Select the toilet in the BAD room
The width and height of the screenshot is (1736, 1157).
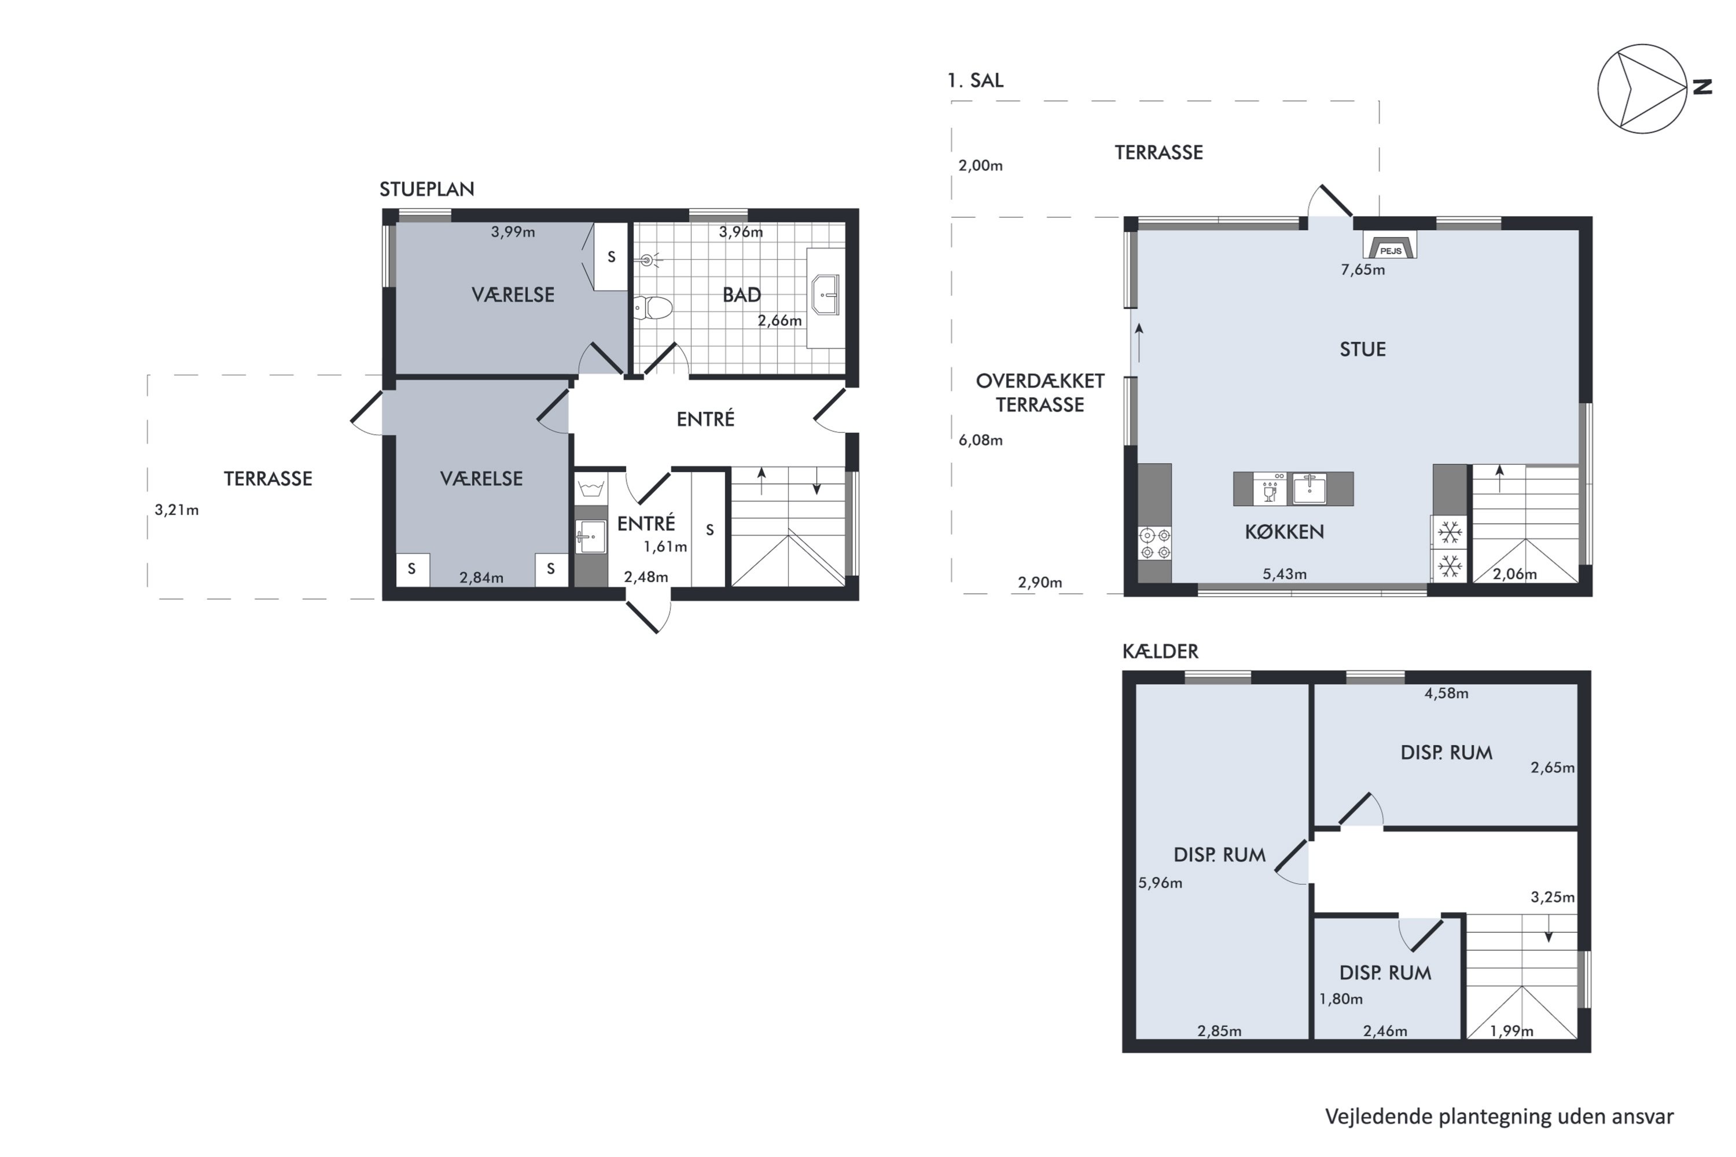653,308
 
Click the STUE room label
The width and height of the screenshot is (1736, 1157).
1363,349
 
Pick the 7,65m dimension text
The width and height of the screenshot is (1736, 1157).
1363,270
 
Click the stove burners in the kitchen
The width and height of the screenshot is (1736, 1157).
1155,543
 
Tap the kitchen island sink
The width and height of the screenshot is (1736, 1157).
1308,488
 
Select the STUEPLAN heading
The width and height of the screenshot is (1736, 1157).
426,190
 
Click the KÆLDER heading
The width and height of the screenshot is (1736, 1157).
1160,651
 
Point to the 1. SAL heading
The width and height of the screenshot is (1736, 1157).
975,80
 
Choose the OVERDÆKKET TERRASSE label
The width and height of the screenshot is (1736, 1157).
1040,393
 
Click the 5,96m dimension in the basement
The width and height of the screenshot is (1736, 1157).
1160,883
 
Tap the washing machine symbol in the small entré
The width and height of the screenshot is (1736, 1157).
590,488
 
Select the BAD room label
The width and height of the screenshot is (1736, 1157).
741,295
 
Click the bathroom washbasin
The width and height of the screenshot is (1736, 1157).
826,295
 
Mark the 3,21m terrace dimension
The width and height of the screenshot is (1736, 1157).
176,510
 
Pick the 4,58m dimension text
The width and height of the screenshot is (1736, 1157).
1446,694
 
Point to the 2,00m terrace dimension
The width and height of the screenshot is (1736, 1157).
980,166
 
